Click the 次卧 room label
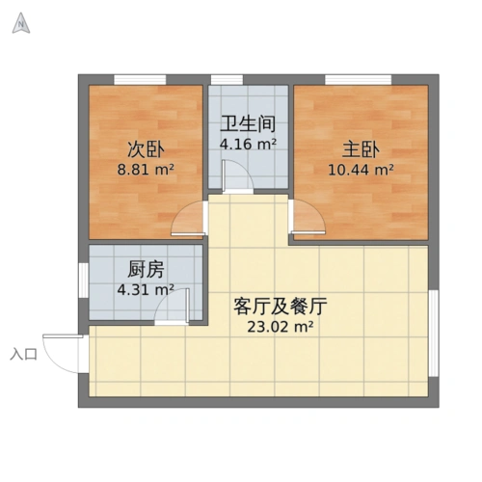146,149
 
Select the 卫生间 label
249,125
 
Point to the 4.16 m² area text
249,145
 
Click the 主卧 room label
361,149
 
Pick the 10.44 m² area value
361,169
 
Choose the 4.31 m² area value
146,288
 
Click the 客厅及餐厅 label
281,308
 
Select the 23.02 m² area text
281,327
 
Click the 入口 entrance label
24,355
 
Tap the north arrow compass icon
19,24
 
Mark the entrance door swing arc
67,355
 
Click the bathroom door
233,178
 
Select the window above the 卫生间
227,78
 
